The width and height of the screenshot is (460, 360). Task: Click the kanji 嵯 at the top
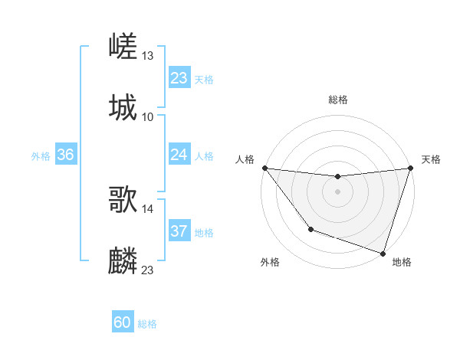pos(123,47)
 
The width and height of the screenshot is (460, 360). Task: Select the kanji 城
pos(123,107)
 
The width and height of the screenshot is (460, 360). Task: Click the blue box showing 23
pos(179,78)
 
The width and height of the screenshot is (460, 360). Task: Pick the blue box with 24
pos(179,155)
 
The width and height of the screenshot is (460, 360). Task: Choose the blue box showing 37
pos(179,231)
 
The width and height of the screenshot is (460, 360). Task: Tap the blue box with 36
pos(65,155)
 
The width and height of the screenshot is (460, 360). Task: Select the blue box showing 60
pos(123,322)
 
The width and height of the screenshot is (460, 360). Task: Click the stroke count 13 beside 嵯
pos(148,56)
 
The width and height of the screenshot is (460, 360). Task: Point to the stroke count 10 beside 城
pos(148,116)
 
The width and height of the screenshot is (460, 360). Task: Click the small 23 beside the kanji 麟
pos(148,270)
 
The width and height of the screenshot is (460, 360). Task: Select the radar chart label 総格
pos(338,100)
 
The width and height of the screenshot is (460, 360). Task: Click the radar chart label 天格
pos(431,159)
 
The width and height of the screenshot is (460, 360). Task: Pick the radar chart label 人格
pos(245,159)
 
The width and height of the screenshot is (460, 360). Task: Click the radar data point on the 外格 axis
pos(310,229)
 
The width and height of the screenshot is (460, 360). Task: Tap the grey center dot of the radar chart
pos(337,191)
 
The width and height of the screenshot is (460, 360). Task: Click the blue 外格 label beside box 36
pos(41,155)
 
